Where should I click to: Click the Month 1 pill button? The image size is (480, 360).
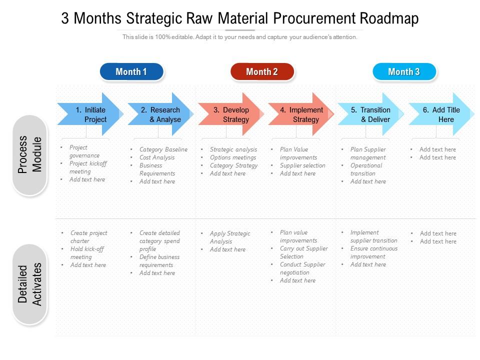pyautogui.click(x=131, y=71)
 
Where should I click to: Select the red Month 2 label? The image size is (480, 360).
pyautogui.click(x=262, y=71)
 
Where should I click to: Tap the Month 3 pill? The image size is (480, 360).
pyautogui.click(x=404, y=71)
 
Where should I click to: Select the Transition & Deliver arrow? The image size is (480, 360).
pyautogui.click(x=370, y=114)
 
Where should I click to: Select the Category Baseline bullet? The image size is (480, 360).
pyautogui.click(x=163, y=149)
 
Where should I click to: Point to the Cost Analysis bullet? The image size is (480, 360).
pyautogui.click(x=157, y=157)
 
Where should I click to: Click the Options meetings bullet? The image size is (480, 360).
pyautogui.click(x=232, y=157)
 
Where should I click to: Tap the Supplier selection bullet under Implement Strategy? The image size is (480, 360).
pyautogui.click(x=302, y=165)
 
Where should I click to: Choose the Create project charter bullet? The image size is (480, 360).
pyautogui.click(x=88, y=237)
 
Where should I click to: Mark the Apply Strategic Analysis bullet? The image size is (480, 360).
pyautogui.click(x=229, y=237)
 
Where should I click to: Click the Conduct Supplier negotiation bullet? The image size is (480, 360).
pyautogui.click(x=302, y=268)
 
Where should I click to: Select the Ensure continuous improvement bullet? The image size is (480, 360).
pyautogui.click(x=373, y=252)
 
